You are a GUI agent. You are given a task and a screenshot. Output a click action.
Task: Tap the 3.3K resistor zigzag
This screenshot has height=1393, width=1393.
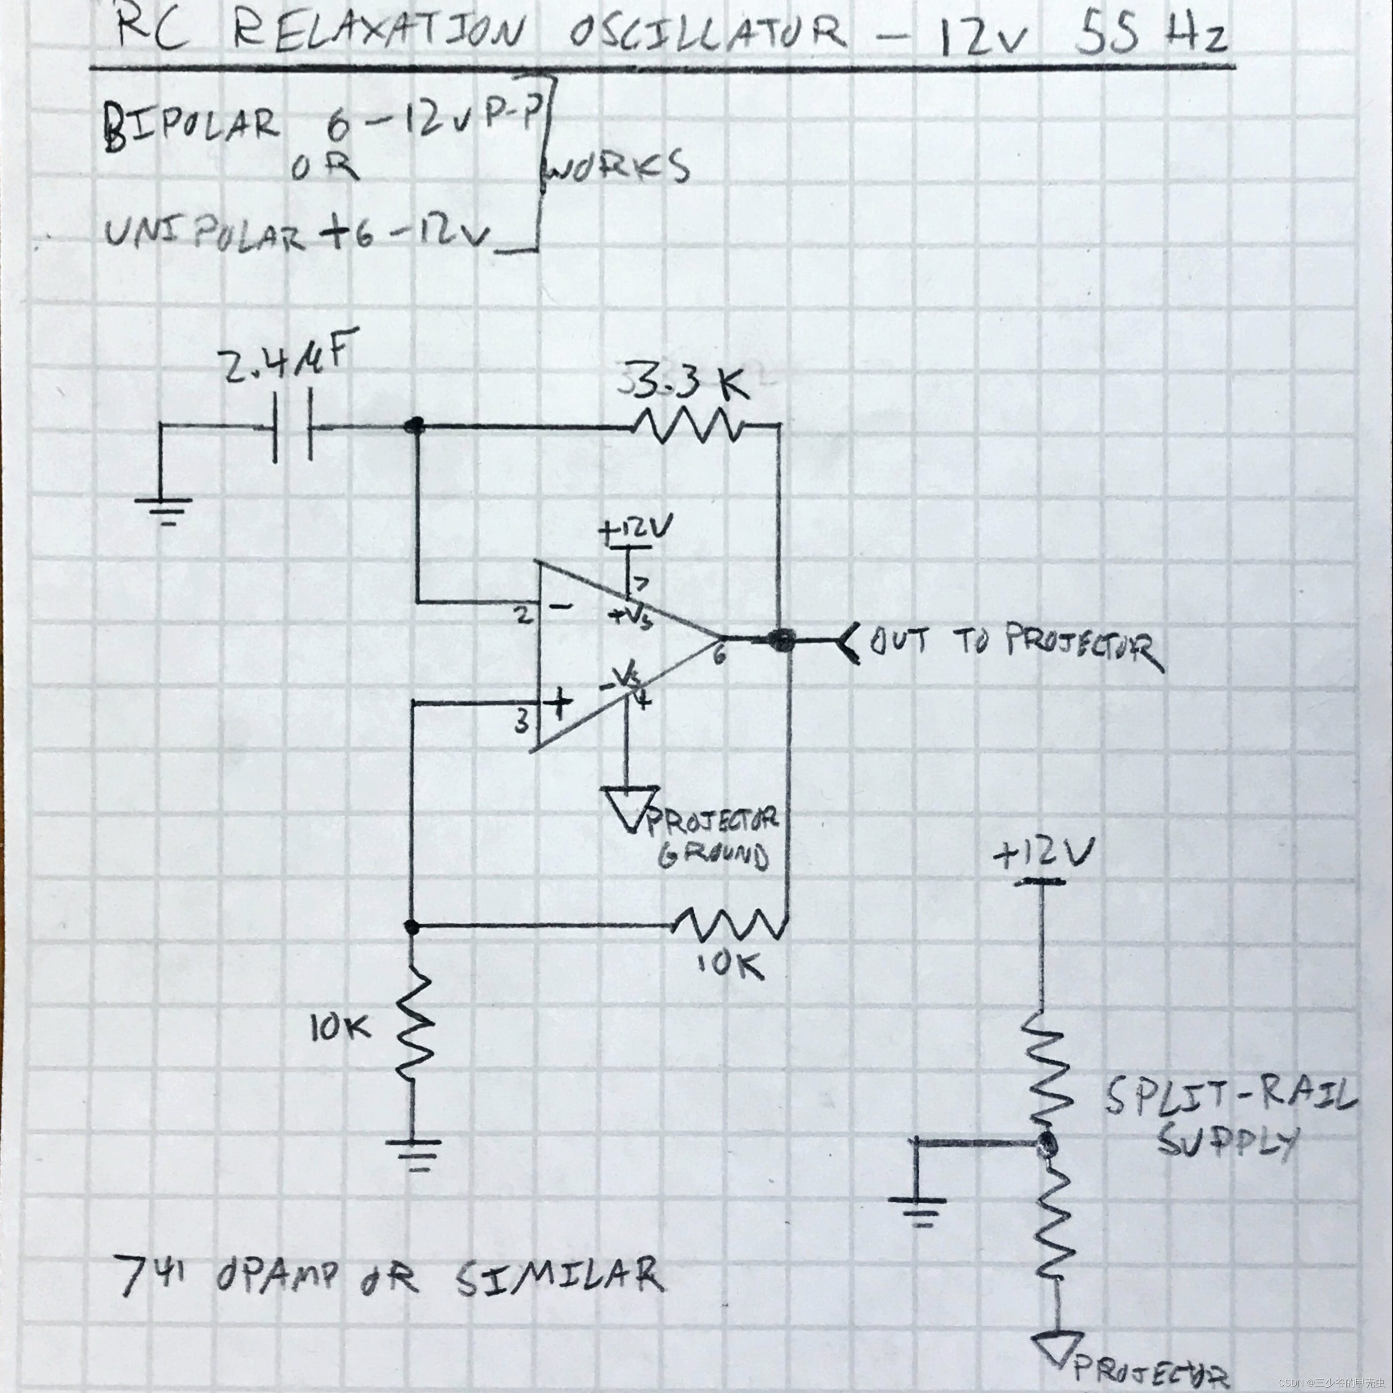coord(685,427)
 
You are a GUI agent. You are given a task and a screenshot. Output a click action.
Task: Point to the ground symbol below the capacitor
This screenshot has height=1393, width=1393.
coord(164,508)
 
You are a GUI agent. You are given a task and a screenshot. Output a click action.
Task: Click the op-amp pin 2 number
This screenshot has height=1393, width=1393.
coord(525,617)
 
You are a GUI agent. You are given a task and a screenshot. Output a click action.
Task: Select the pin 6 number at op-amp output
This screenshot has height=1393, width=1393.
coord(719,654)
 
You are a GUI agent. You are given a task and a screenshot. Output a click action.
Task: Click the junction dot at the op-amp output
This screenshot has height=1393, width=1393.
coord(780,639)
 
